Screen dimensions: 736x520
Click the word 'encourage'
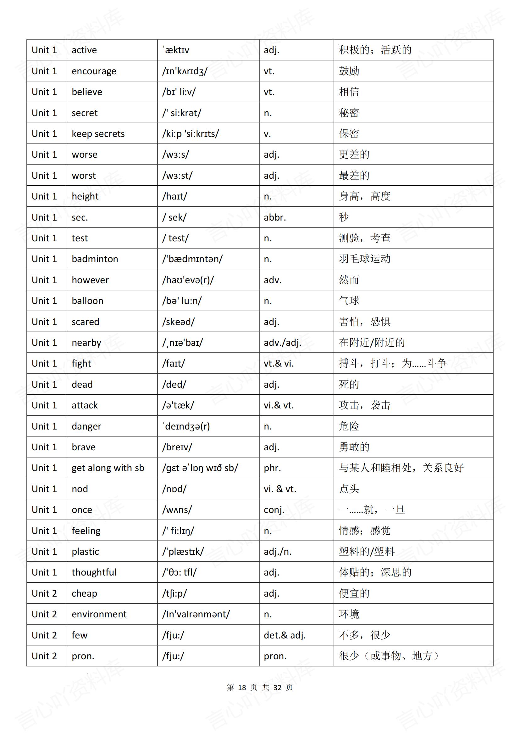point(94,71)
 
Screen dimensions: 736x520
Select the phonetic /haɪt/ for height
point(174,196)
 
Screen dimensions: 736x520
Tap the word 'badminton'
point(95,259)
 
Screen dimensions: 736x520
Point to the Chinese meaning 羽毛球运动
point(365,259)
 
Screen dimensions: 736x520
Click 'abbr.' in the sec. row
point(275,217)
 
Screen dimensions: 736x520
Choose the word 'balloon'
point(87,301)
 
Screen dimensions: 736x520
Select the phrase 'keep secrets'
point(98,134)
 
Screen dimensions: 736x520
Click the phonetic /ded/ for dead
point(174,384)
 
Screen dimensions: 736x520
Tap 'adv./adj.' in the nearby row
point(282,343)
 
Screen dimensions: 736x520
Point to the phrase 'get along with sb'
point(108,468)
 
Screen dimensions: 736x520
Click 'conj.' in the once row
point(274,510)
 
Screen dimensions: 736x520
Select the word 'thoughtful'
point(94,572)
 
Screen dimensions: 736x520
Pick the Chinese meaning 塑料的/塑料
point(367,551)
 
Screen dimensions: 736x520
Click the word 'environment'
point(99,614)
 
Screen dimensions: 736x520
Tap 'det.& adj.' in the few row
point(285,635)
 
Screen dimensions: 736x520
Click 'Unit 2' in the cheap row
point(44,593)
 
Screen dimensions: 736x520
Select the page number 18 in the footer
point(242,687)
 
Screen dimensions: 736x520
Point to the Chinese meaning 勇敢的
point(354,447)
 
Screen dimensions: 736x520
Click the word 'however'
point(90,280)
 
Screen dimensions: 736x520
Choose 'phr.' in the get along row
point(272,468)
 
